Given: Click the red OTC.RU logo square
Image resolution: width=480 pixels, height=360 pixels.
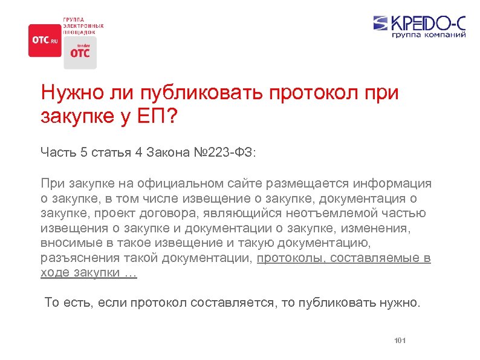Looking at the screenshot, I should click(45, 41).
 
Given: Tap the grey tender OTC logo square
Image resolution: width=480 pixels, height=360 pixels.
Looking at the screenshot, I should click(80, 53).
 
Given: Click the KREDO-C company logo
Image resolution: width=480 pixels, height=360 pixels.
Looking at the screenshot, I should click(419, 24).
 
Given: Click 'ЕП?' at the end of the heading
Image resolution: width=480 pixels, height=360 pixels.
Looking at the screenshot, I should click(158, 116).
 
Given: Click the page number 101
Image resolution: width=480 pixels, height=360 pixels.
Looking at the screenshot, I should click(400, 341).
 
